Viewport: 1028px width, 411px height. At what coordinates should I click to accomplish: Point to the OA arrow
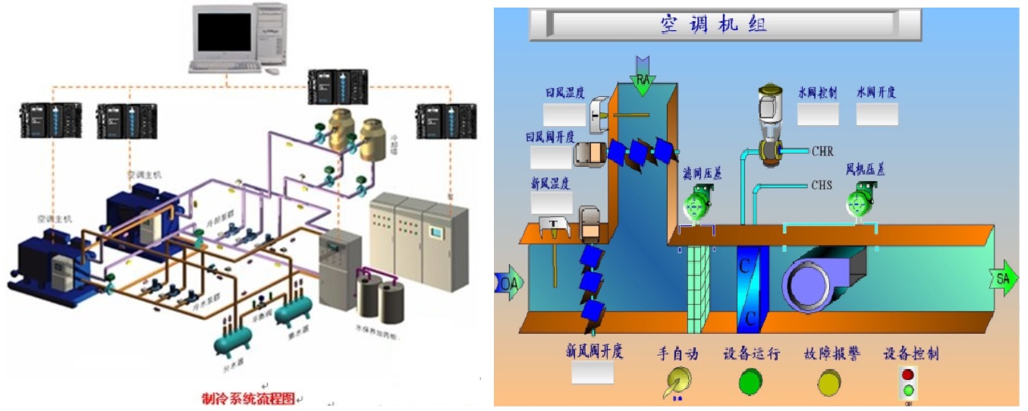[508, 283]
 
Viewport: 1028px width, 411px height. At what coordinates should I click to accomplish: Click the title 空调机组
[712, 24]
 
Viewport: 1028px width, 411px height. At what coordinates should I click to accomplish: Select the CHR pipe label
[822, 152]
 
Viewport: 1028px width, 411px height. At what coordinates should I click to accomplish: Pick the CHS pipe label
[822, 184]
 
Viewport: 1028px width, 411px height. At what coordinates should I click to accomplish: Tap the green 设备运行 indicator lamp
[750, 381]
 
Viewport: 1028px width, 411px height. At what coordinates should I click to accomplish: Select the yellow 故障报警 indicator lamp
[830, 381]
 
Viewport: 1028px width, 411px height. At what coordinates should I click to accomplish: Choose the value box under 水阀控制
[818, 114]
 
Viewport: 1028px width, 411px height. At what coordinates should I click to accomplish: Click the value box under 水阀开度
[877, 114]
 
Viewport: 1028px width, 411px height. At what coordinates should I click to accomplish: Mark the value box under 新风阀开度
[593, 372]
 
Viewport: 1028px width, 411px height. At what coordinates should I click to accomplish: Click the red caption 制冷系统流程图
[247, 398]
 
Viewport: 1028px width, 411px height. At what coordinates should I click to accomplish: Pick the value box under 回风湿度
[564, 115]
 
